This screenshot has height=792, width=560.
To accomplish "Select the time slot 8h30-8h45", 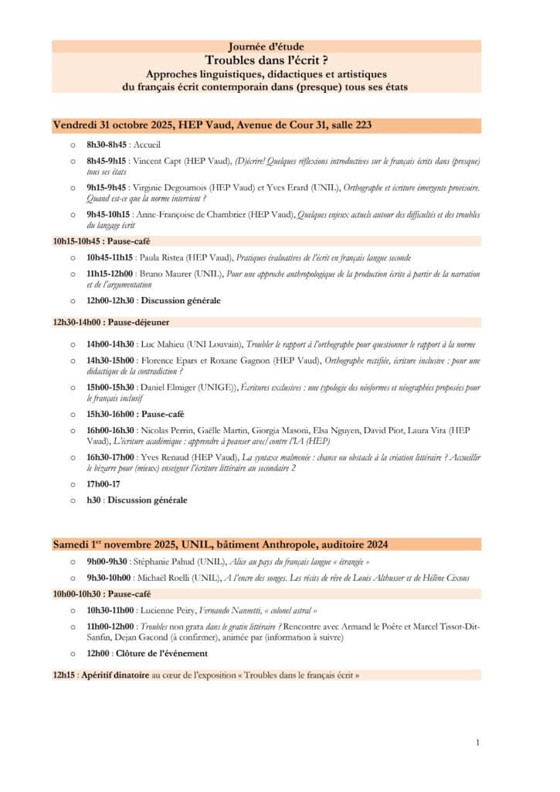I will click(107, 145).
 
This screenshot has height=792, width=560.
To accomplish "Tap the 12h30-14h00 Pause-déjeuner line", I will click(111, 321).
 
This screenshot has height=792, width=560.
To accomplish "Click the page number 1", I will click(477, 742).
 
